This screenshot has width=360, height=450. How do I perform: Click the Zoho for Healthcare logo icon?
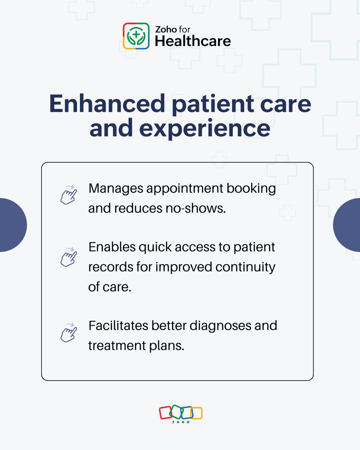(136, 36)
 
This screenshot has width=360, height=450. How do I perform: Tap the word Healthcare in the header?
(193, 41)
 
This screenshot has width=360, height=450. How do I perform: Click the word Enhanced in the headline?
(106, 104)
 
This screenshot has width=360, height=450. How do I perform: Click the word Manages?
(114, 188)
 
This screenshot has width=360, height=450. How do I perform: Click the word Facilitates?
(118, 325)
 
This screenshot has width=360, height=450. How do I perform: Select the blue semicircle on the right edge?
(348, 225)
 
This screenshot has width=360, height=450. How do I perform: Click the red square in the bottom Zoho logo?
(165, 412)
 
